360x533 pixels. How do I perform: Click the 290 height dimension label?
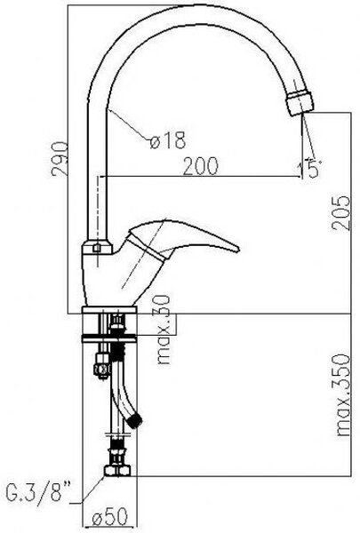pyautogui.click(x=60, y=159)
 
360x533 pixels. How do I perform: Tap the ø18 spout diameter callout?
pyautogui.click(x=168, y=139)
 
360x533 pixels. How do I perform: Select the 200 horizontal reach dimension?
pyautogui.click(x=200, y=166)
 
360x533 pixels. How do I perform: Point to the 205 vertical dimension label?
pyautogui.click(x=341, y=213)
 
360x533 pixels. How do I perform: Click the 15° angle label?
pyautogui.click(x=309, y=168)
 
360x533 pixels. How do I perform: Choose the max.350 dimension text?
pyautogui.click(x=342, y=395)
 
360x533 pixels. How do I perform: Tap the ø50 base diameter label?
pyautogui.click(x=109, y=517)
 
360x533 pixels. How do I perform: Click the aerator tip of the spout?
pyautogui.click(x=300, y=103)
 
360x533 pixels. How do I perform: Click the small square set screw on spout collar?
pyautogui.click(x=97, y=248)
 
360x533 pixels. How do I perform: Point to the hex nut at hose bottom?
pyautogui.click(x=117, y=471)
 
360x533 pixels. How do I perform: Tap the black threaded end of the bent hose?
pyautogui.click(x=137, y=421)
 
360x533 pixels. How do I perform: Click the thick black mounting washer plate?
pyautogui.click(x=109, y=338)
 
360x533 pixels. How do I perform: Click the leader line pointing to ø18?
pyautogui.click(x=129, y=124)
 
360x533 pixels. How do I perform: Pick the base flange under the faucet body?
pyautogui.click(x=109, y=309)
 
